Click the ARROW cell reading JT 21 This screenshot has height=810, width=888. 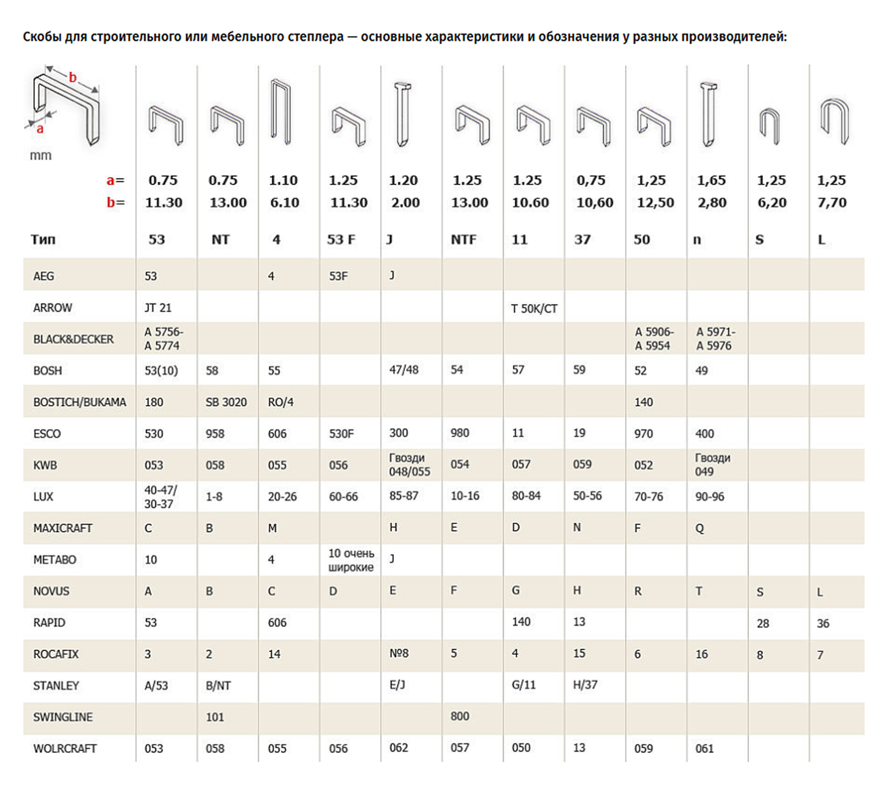tap(158, 308)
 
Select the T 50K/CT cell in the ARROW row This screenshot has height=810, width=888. tap(534, 308)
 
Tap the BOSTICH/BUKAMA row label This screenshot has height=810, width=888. tap(79, 402)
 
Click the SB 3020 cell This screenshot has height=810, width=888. tap(226, 402)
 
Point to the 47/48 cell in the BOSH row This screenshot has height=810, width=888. tap(404, 369)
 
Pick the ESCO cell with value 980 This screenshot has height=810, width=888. tap(460, 433)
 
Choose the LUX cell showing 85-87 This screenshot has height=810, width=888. tap(404, 496)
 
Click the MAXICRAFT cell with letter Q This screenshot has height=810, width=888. tap(699, 528)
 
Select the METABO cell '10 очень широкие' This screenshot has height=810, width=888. tap(351, 560)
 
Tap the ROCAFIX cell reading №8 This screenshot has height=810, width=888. tap(399, 654)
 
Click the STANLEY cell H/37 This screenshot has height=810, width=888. tap(585, 685)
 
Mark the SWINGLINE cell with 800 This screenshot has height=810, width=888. tap(460, 716)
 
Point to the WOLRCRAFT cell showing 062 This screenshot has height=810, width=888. tap(398, 748)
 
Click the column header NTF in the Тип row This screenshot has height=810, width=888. tap(463, 239)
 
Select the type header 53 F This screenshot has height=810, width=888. tap(341, 239)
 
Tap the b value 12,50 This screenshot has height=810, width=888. tap(655, 202)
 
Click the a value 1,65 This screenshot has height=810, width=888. tap(712, 180)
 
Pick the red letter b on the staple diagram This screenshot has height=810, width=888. tap(73, 77)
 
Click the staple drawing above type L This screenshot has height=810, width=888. tap(834, 121)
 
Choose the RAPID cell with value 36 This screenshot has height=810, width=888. tap(823, 623)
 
